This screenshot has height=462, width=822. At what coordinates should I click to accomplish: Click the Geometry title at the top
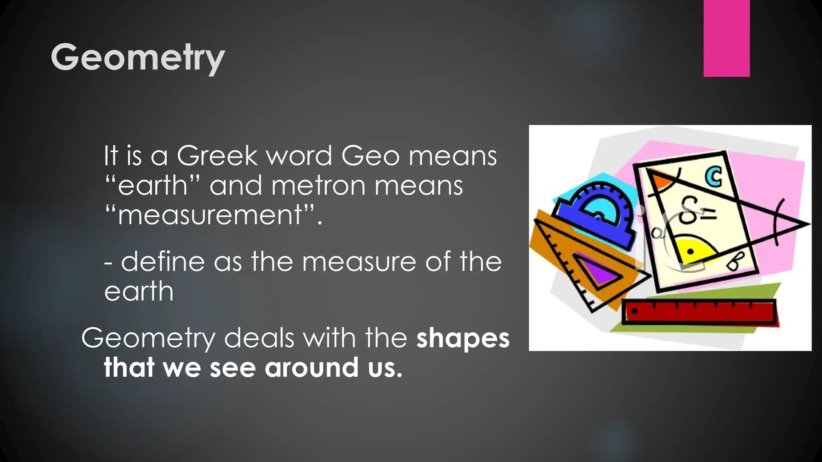point(137,58)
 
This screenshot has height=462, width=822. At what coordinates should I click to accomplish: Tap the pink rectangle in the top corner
point(726,38)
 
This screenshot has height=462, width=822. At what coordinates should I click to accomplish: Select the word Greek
point(217,156)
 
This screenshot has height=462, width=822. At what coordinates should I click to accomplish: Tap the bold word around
point(311,367)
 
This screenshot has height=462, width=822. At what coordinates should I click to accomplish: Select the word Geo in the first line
point(370,156)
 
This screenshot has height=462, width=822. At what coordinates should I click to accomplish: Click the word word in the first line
point(299,156)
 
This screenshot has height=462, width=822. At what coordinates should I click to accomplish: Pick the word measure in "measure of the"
point(360,261)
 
